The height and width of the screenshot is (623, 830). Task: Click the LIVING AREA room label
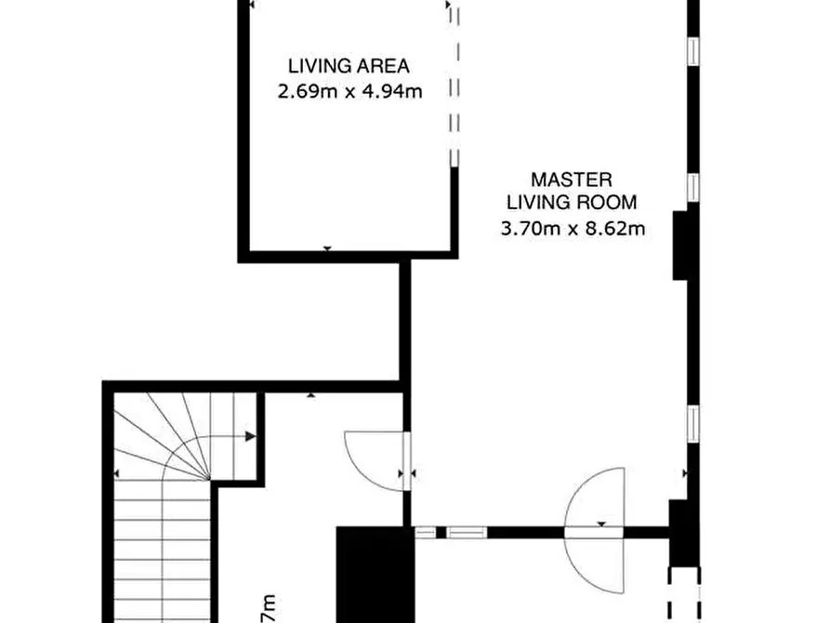(x=349, y=66)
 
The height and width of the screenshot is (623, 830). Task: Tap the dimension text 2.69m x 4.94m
(x=350, y=92)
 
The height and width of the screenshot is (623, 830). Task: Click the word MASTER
(x=572, y=179)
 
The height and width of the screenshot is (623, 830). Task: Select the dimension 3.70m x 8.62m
(x=572, y=229)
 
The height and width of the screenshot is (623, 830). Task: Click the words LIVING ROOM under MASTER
(x=572, y=203)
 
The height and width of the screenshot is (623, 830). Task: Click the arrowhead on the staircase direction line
(x=250, y=435)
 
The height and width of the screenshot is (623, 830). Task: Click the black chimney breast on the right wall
(x=680, y=245)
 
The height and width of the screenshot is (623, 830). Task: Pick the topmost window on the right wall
(x=692, y=49)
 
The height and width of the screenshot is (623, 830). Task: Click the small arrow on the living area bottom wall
(x=326, y=249)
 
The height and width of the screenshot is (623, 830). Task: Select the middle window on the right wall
(x=692, y=186)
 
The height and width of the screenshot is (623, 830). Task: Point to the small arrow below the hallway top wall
(x=310, y=396)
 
